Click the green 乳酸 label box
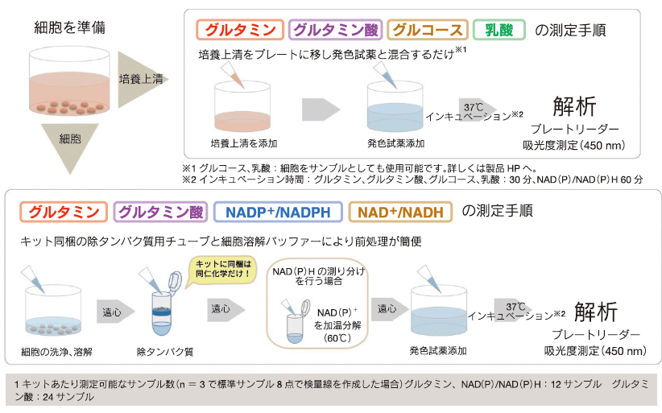click(499, 30)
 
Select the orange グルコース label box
click(428, 30)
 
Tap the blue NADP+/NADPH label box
click(278, 212)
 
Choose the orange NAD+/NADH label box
click(400, 212)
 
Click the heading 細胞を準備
click(69, 28)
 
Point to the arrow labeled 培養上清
click(143, 80)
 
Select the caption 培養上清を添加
click(243, 143)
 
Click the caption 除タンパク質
click(165, 351)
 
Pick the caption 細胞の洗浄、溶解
click(56, 351)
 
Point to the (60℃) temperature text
click(337, 338)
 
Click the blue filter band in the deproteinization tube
click(161, 312)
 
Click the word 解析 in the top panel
click(574, 106)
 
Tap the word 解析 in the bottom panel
click(596, 312)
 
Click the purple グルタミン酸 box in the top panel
click(336, 30)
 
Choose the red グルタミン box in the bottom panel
click(64, 212)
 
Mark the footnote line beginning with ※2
click(412, 180)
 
